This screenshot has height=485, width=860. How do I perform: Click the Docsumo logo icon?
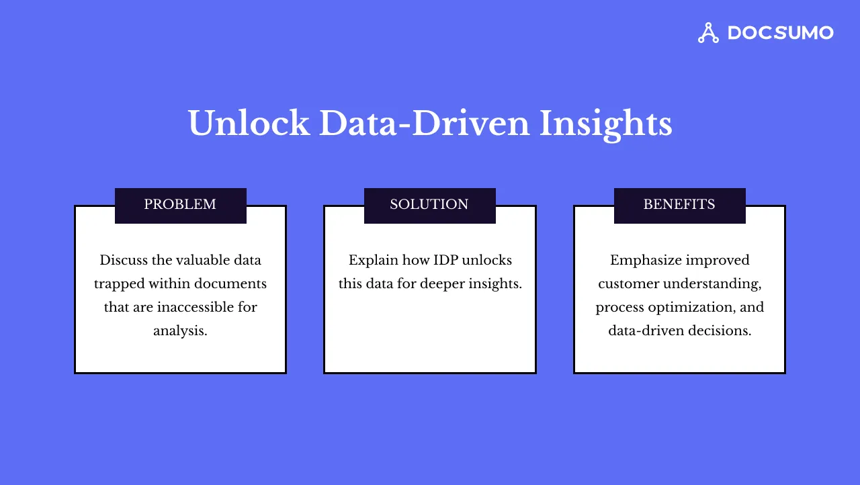[708, 33]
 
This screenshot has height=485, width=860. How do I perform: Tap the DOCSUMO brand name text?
[780, 33]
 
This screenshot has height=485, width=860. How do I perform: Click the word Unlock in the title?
[248, 124]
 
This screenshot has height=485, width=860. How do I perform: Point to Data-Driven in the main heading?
[424, 124]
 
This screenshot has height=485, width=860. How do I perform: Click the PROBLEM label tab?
[180, 205]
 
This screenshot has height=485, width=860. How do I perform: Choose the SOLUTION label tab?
[429, 205]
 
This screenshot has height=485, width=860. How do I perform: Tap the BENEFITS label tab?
[679, 205]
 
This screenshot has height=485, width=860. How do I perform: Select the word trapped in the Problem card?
[118, 283]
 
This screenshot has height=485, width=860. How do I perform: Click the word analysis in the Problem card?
[179, 330]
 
